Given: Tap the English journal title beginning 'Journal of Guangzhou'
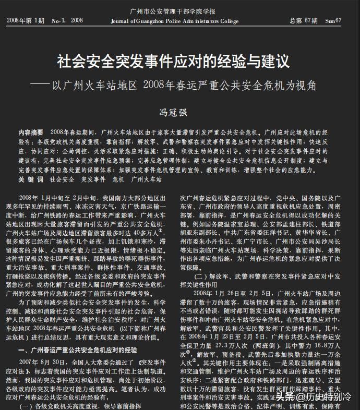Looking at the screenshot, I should (x=175, y=21).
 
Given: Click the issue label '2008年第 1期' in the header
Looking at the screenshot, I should (x=26, y=21).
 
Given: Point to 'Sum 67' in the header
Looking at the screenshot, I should (x=333, y=21).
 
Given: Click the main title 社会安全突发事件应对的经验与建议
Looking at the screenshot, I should (x=173, y=61).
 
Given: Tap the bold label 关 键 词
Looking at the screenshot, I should (x=31, y=179).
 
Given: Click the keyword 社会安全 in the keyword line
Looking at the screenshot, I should (x=62, y=179).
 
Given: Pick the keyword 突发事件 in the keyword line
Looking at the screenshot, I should (x=93, y=179).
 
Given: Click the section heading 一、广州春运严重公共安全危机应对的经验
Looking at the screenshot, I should (x=78, y=349).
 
